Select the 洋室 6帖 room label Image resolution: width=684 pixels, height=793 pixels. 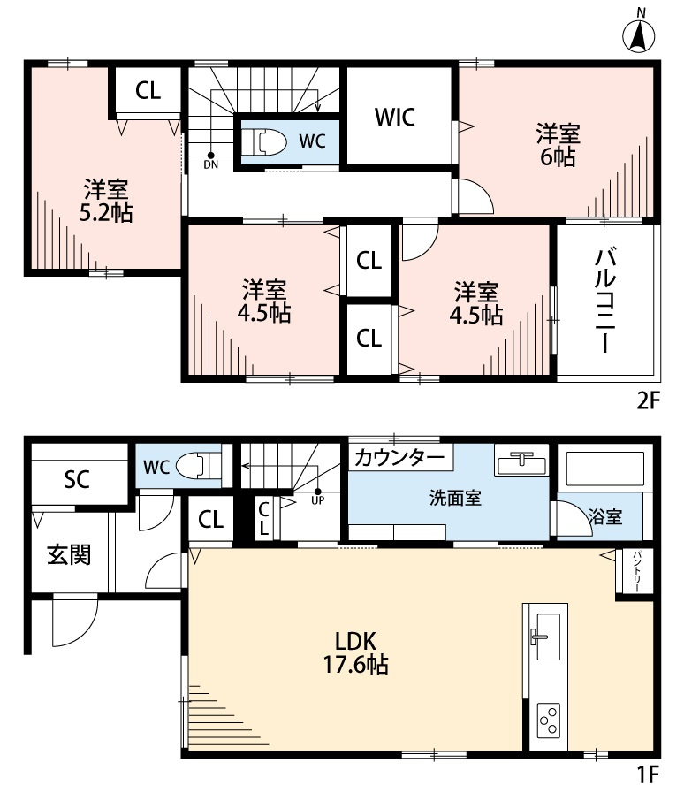pos(557,146)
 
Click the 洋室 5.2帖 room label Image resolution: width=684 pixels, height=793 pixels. pos(106,201)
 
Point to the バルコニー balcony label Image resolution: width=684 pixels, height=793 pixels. pos(605,301)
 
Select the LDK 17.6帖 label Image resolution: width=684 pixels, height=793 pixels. pos(357,652)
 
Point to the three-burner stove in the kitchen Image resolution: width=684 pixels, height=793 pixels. pos(547,720)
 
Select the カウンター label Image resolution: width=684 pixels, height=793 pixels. pos(399,458)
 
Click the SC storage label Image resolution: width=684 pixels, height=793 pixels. pos(77,480)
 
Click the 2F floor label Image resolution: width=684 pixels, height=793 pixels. pos(648,400)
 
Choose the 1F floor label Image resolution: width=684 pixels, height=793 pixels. pos(648,775)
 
